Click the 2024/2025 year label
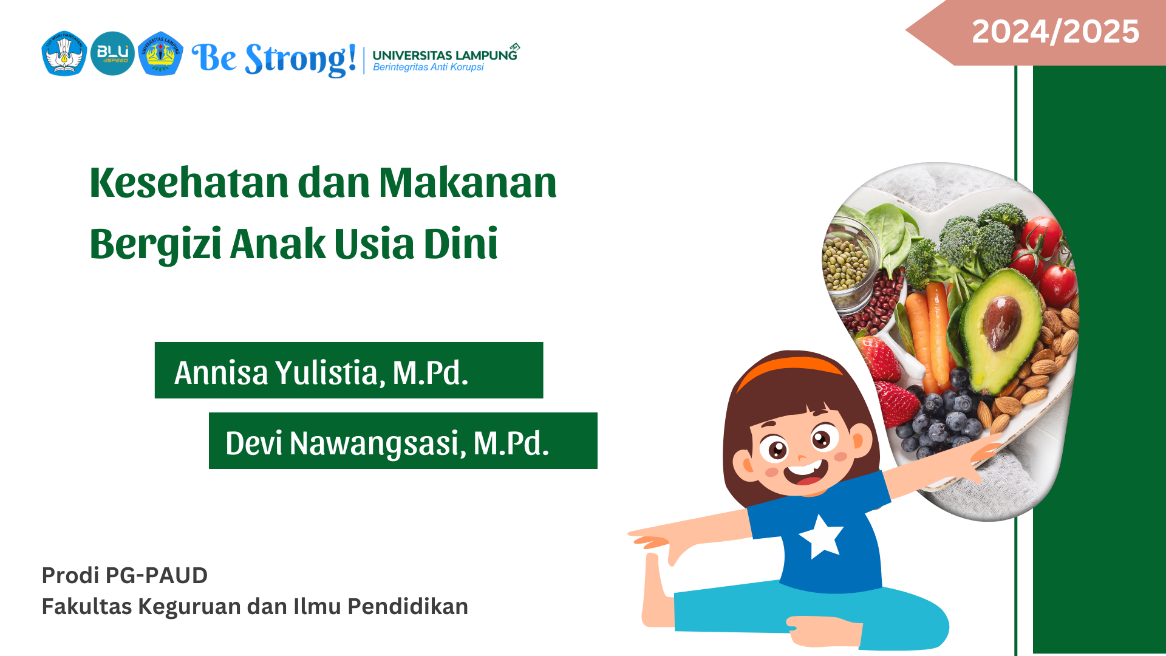click(x=1055, y=32)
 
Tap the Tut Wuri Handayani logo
click(x=64, y=53)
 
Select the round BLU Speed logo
click(x=112, y=53)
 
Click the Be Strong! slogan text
click(x=274, y=60)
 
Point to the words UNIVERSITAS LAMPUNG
click(x=445, y=55)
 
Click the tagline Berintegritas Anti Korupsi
click(x=428, y=67)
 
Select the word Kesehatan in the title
click(x=189, y=182)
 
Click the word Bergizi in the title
click(x=155, y=244)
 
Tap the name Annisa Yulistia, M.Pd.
click(x=321, y=372)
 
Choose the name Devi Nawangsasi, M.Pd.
click(x=387, y=443)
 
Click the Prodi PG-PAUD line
click(x=124, y=575)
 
